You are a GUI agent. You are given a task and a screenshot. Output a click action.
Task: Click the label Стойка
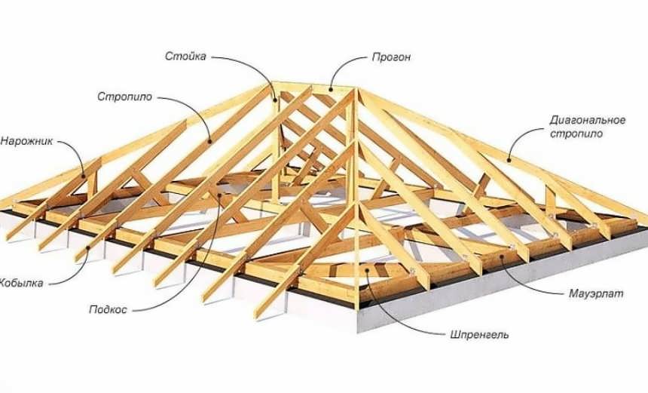[185, 56]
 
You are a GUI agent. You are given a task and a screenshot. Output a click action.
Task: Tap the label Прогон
[391, 57]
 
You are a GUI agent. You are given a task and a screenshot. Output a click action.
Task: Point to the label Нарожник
[26, 141]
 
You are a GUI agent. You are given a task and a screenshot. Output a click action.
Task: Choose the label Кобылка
[21, 283]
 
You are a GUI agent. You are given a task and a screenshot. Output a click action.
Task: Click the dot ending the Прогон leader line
[329, 90]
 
